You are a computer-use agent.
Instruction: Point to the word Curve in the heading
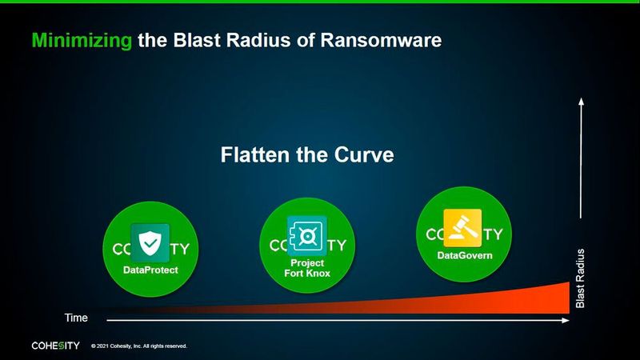tap(364, 154)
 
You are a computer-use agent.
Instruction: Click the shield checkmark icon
tap(150, 244)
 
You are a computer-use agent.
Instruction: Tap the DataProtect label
tap(150, 270)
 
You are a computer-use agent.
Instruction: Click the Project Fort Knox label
tap(307, 268)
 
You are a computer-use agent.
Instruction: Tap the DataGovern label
tap(464, 255)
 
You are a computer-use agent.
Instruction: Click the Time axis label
tap(75, 318)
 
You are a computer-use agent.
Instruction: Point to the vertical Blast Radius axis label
tap(582, 278)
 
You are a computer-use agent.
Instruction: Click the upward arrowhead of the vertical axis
tap(582, 100)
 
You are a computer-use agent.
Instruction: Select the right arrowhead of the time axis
tap(566, 321)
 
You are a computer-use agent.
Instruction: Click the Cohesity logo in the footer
tap(54, 346)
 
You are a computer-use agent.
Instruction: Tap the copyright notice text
tap(139, 346)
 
